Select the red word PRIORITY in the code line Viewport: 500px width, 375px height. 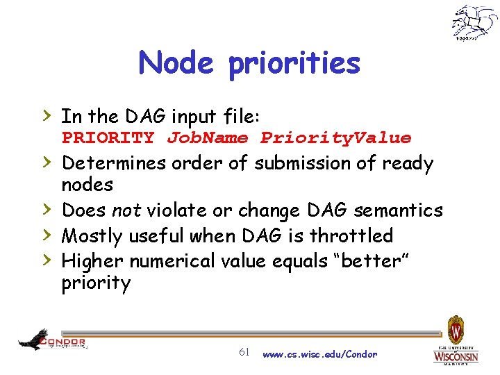click(x=108, y=138)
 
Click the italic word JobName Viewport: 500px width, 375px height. click(x=207, y=138)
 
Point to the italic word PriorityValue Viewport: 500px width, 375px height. click(x=335, y=138)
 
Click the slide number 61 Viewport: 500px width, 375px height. click(x=244, y=352)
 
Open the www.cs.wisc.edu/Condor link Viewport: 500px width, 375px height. click(x=319, y=354)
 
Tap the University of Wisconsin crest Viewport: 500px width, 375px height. click(x=456, y=329)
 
